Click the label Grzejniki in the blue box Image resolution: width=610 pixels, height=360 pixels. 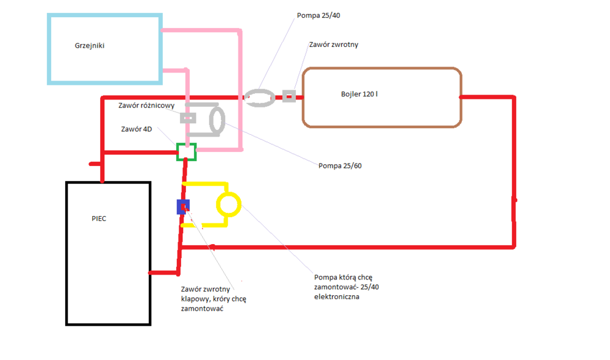pos(90,45)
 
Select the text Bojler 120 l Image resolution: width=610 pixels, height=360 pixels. pos(359,95)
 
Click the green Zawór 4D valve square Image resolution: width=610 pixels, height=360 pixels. pos(187,151)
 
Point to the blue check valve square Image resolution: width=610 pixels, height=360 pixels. pos(182,207)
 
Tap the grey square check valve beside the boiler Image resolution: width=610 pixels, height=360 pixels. pos(289,96)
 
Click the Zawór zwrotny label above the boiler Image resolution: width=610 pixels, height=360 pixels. pos(333,45)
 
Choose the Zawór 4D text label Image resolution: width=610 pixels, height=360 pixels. pos(136,129)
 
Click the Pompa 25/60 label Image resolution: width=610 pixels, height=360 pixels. pos(340,165)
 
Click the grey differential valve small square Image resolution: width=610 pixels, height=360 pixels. pos(188,117)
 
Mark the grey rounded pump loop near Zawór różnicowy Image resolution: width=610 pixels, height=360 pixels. pos(214,119)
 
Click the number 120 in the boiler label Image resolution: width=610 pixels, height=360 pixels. pos(367,95)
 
